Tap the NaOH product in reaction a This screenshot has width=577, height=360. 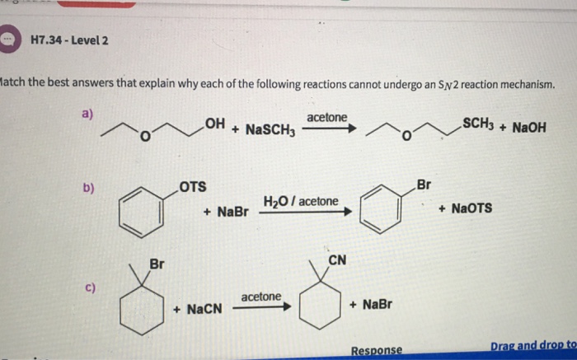click(x=528, y=129)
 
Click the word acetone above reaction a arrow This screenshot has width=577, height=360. click(x=327, y=117)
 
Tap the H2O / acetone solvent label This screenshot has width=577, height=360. click(x=300, y=201)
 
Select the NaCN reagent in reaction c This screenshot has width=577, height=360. click(x=198, y=309)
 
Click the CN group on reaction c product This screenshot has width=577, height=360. click(x=336, y=261)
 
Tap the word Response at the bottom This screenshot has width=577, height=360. click(x=377, y=350)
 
